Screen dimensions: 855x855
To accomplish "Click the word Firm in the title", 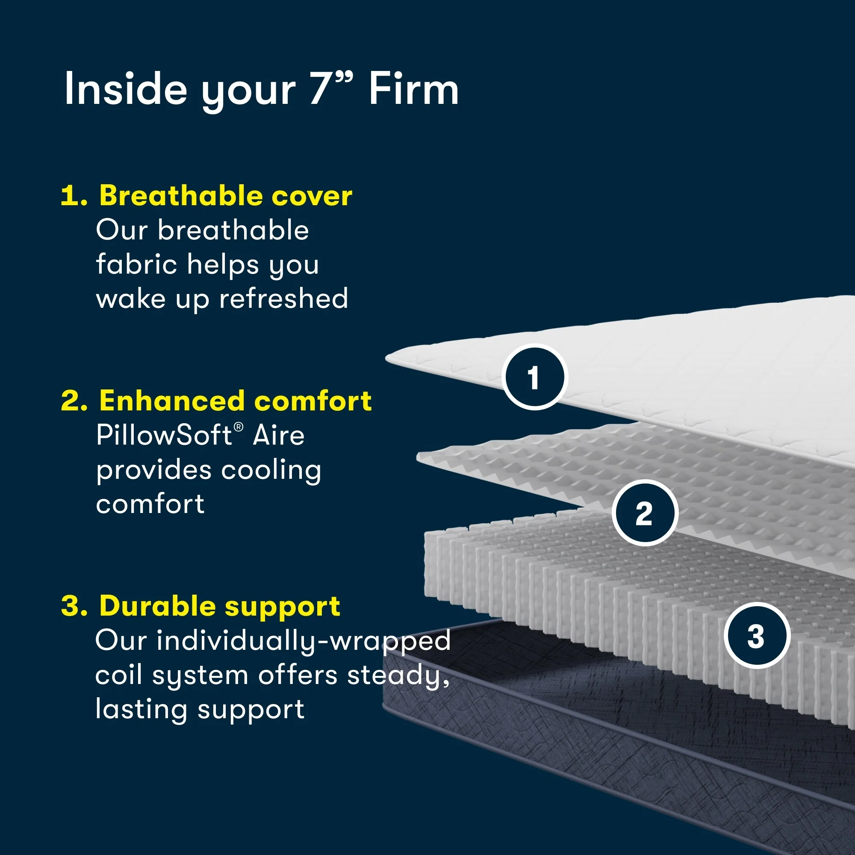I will point(413,90).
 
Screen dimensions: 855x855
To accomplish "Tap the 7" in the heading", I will point(331,88).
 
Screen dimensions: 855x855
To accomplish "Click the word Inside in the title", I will point(126,90).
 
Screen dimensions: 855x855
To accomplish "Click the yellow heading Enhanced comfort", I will point(235,401).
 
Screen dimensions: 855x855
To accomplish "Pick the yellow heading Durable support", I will point(219,606).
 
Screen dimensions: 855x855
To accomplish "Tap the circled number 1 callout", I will point(534,377).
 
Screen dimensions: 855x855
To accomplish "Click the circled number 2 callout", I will point(644,513).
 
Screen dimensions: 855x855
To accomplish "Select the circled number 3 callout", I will point(756,636).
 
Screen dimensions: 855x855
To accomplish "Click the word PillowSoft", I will point(164,436).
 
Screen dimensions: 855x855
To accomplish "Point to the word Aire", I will point(278,436).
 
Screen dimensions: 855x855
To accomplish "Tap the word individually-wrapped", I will point(303,641).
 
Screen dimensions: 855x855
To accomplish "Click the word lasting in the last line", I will point(141,709).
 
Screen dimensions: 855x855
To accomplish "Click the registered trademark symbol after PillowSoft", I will point(239,427).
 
